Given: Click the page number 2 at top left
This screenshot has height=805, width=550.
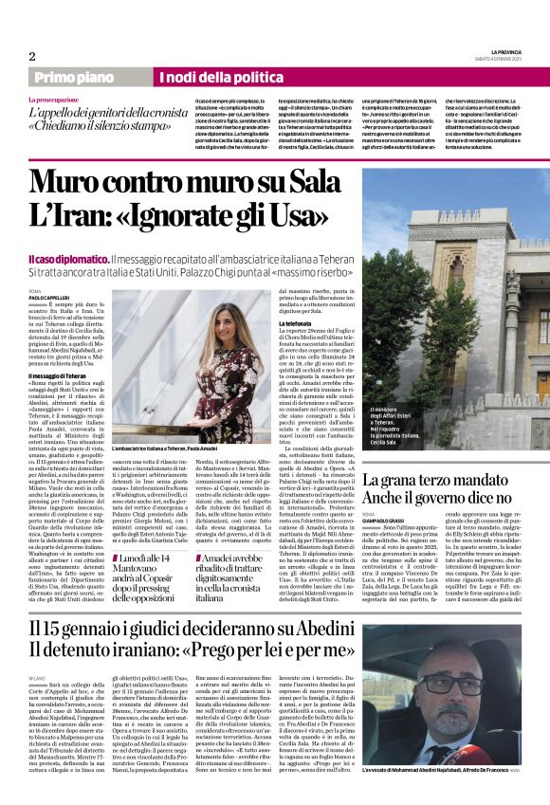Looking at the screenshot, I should point(32,56).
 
